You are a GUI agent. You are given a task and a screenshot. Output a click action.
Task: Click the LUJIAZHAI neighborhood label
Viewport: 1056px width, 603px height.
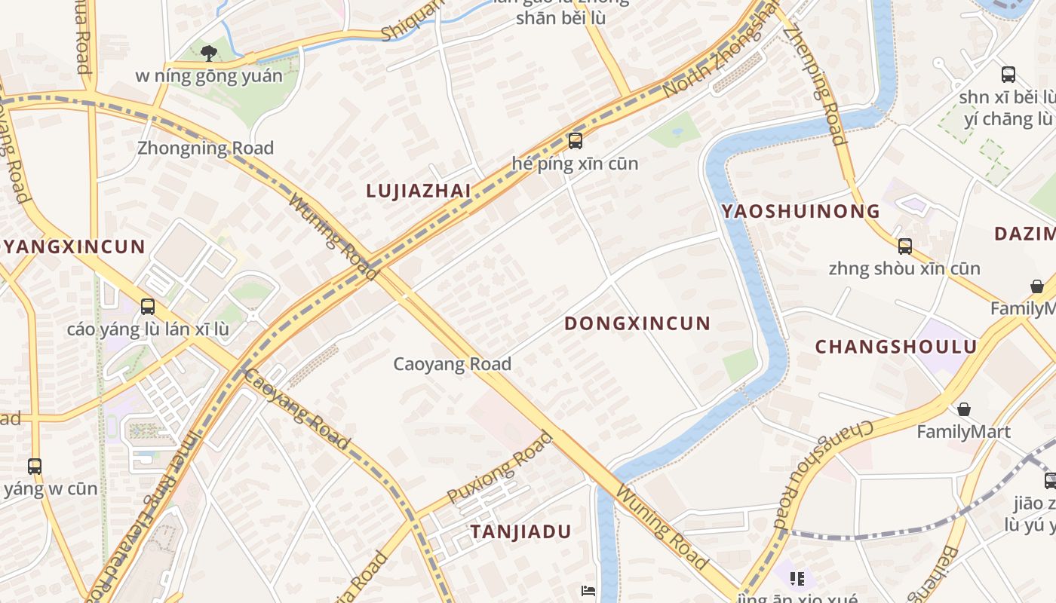tap(419, 191)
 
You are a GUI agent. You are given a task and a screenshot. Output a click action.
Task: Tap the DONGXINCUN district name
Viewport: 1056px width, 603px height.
tap(637, 323)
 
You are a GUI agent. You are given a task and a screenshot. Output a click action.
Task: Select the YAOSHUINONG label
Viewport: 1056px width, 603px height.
tap(800, 211)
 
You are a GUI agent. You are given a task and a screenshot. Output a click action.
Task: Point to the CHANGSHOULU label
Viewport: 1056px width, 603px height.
tap(896, 347)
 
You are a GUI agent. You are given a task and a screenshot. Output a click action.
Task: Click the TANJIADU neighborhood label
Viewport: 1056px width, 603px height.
tap(521, 531)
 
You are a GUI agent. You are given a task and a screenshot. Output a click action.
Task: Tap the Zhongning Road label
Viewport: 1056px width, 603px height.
tap(205, 148)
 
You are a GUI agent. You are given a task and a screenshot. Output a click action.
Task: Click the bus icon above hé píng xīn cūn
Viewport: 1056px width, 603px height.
tap(576, 141)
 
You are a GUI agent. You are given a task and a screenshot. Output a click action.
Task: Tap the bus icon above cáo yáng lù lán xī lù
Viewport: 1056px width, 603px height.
tap(148, 307)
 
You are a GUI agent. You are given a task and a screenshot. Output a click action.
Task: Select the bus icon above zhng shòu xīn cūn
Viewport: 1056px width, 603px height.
tap(904, 246)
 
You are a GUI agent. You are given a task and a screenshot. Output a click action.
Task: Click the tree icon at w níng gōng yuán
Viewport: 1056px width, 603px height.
tap(209, 53)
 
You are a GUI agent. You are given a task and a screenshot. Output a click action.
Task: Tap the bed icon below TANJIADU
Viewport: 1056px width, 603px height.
tap(588, 590)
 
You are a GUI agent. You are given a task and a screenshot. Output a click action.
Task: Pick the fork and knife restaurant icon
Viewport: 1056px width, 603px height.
tap(797, 579)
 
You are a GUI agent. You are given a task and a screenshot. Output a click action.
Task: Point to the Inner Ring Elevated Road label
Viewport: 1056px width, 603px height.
tap(155, 513)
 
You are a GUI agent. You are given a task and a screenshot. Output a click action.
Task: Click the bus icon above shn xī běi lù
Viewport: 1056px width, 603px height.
tap(1008, 75)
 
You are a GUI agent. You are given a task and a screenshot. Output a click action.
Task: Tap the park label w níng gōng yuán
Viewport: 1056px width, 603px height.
tap(209, 76)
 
